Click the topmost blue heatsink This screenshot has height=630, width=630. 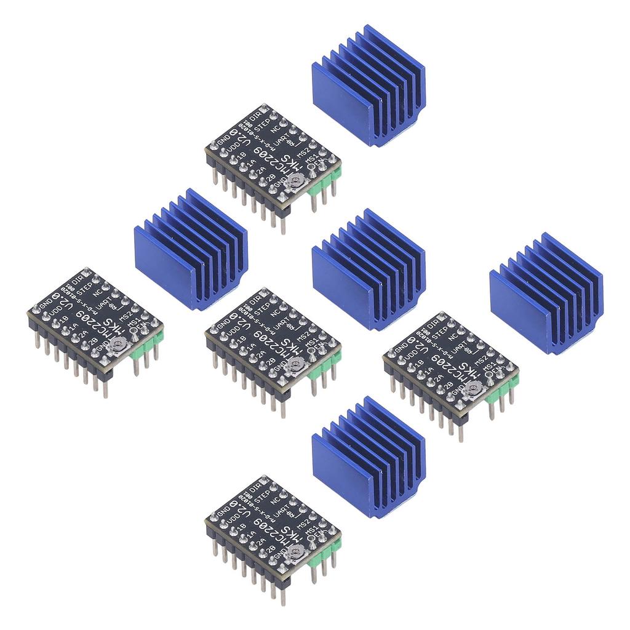tap(368, 86)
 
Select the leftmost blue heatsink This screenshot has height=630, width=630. tap(190, 249)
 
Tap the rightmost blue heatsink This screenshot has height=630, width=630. tap(546, 293)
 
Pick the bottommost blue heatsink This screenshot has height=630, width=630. tap(368, 458)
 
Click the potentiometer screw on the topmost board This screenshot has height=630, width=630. tap(298, 180)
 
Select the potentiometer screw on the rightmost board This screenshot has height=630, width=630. tap(475, 388)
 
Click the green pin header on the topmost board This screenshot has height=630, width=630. tap(324, 181)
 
